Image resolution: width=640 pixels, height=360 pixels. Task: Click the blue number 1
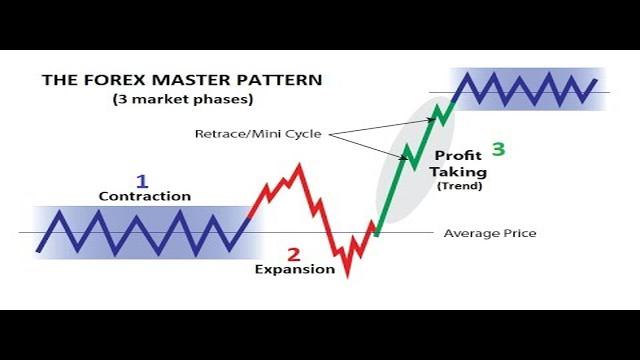(142, 181)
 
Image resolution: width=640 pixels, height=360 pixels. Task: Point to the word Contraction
(144, 197)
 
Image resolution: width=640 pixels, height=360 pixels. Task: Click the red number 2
(293, 254)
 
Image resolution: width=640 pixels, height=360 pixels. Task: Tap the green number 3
(498, 150)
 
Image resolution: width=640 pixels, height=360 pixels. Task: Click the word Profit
(459, 157)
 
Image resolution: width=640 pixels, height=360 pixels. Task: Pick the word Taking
(458, 172)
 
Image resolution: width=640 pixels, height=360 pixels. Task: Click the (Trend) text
(459, 186)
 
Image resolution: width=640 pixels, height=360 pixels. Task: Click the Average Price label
(489, 234)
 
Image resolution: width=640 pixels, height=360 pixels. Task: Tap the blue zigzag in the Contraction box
(140, 232)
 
